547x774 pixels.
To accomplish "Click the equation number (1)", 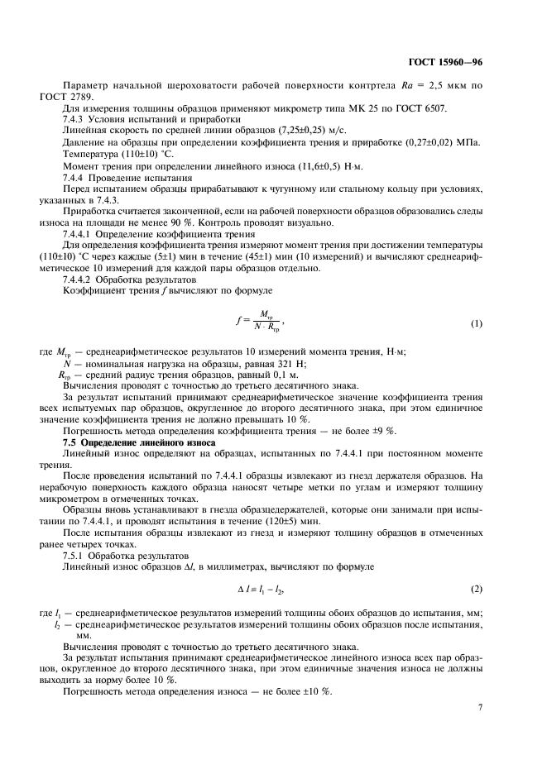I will [x=477, y=323].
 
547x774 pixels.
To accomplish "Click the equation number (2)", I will [x=477, y=588].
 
